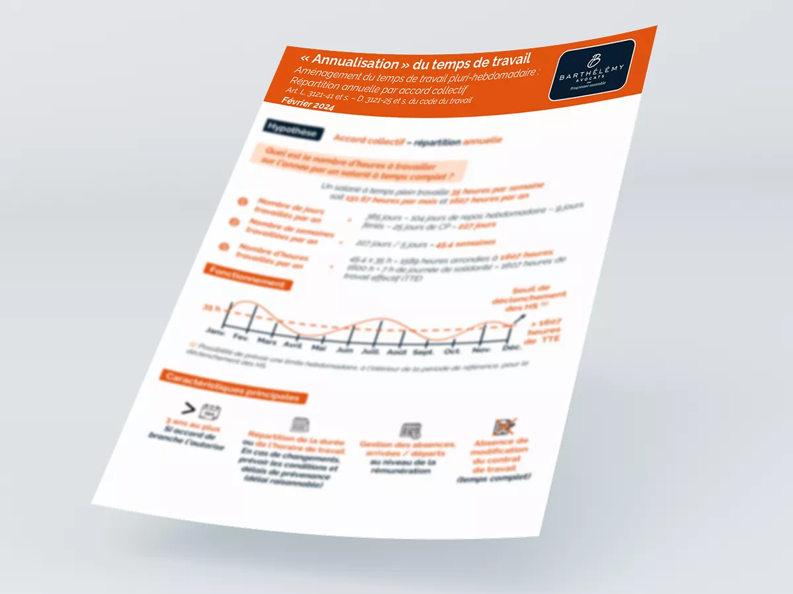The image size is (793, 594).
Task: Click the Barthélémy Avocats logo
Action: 592,70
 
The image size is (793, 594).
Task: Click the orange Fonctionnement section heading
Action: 247,278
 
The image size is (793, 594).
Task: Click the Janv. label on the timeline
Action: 215,329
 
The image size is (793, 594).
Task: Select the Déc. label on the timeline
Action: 511,346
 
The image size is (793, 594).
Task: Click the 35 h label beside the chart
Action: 209,308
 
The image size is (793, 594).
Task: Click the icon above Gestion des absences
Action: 411,430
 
